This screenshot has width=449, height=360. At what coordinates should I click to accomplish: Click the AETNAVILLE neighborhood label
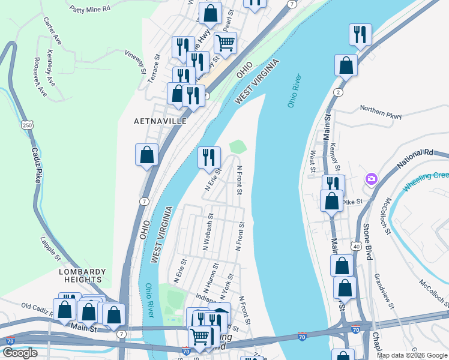pyautogui.click(x=160, y=121)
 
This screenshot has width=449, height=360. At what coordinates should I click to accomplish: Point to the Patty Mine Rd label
pyautogui.click(x=90, y=9)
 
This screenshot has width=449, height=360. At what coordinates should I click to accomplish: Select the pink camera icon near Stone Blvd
pyautogui.click(x=372, y=179)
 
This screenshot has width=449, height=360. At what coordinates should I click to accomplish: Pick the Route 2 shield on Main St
pyautogui.click(x=339, y=92)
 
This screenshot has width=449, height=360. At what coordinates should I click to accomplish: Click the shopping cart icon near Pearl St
pyautogui.click(x=225, y=42)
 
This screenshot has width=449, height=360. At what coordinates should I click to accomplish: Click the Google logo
pyautogui.click(x=20, y=353)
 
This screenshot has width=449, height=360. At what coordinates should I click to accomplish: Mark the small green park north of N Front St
pyautogui.click(x=238, y=146)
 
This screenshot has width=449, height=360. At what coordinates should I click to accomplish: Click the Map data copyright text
pyautogui.click(x=411, y=355)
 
